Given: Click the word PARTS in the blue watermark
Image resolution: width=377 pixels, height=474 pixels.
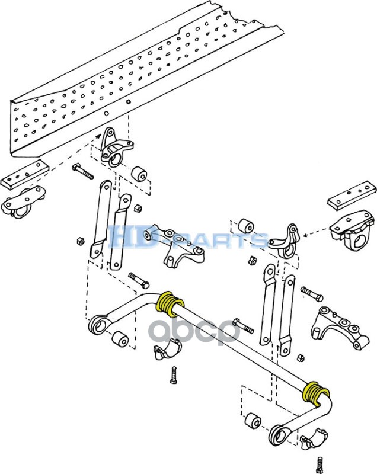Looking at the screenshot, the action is click(x=231, y=239).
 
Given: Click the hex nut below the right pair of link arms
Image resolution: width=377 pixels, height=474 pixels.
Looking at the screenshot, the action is click(x=300, y=357).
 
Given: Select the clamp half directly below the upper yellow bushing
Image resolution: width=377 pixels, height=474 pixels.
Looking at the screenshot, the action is click(x=167, y=350).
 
